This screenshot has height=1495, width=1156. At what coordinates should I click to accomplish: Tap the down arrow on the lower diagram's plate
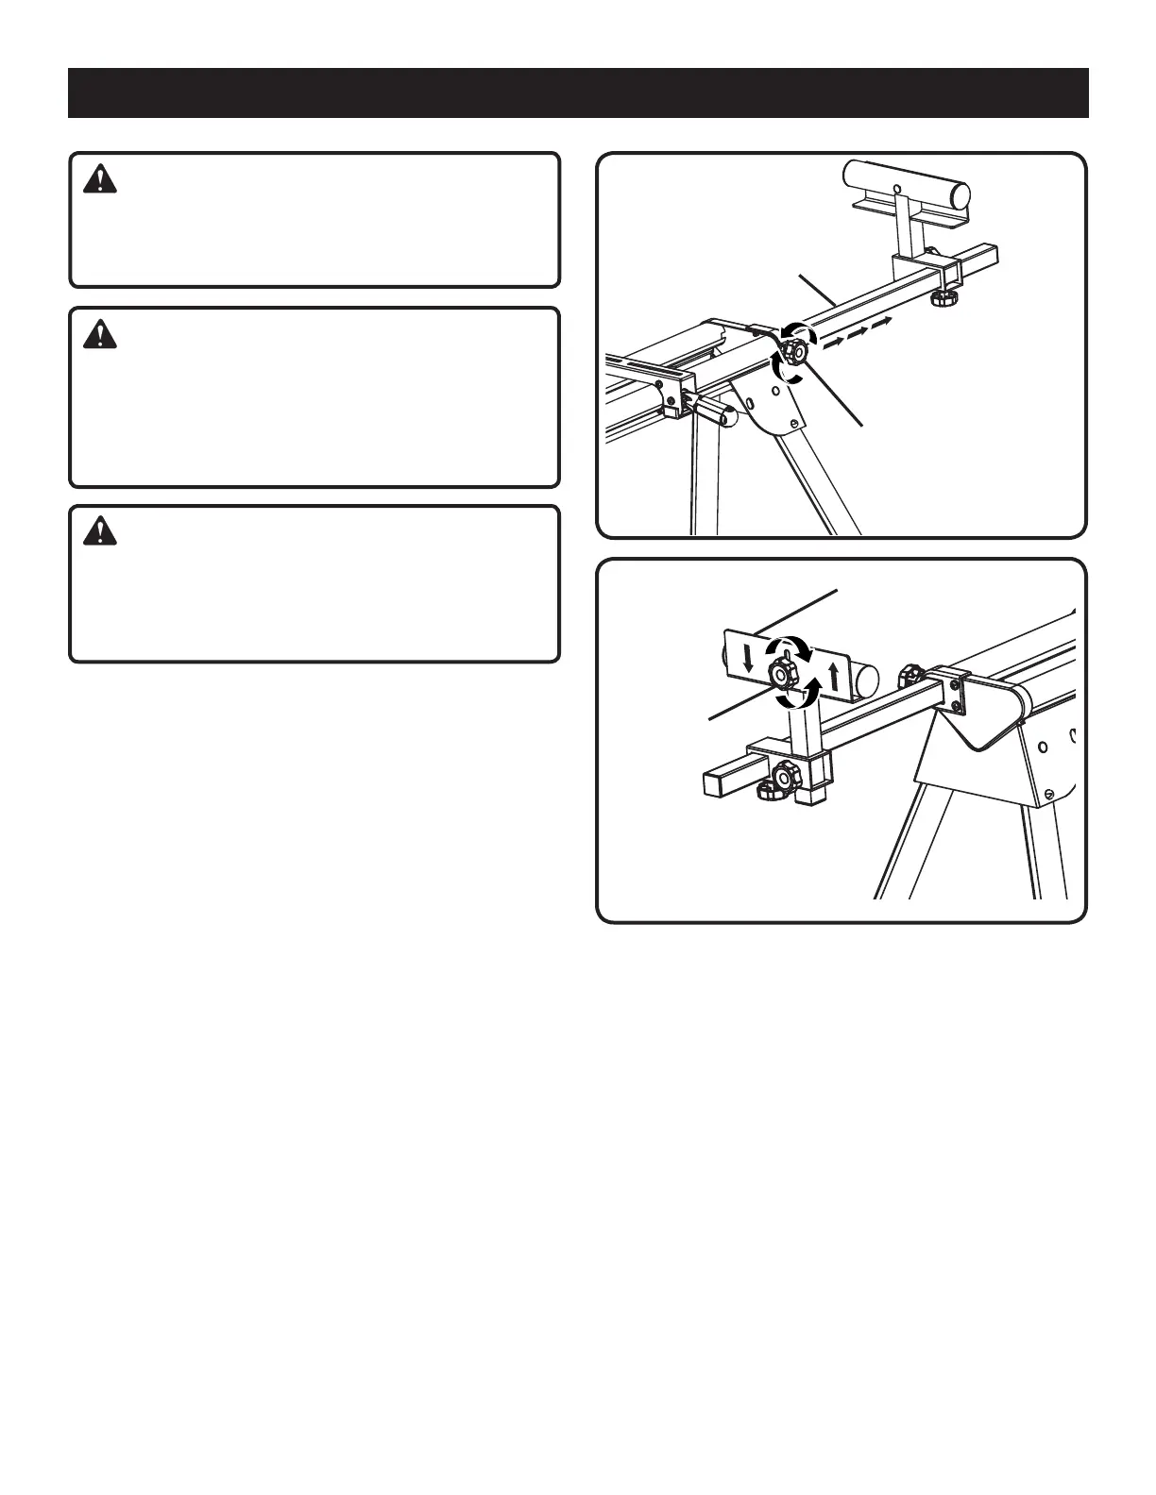pyautogui.click(x=748, y=658)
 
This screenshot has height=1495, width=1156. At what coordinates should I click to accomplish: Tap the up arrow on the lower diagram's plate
pyautogui.click(x=833, y=676)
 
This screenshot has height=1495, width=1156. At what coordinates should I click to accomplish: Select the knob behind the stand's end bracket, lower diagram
pyautogui.click(x=909, y=676)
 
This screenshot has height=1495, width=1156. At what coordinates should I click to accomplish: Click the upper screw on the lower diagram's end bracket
pyautogui.click(x=956, y=683)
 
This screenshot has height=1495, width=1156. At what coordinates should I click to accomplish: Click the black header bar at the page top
pyautogui.click(x=578, y=92)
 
